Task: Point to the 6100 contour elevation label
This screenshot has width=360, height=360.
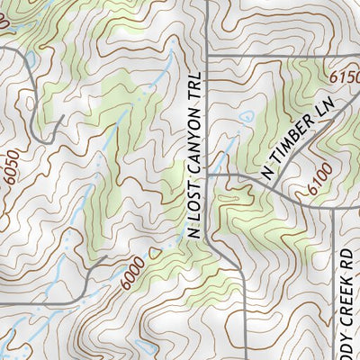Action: [x=317, y=185]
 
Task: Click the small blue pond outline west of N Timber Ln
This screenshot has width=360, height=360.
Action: [x=246, y=116]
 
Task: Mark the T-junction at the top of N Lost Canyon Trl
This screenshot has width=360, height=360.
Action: [x=206, y=58]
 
